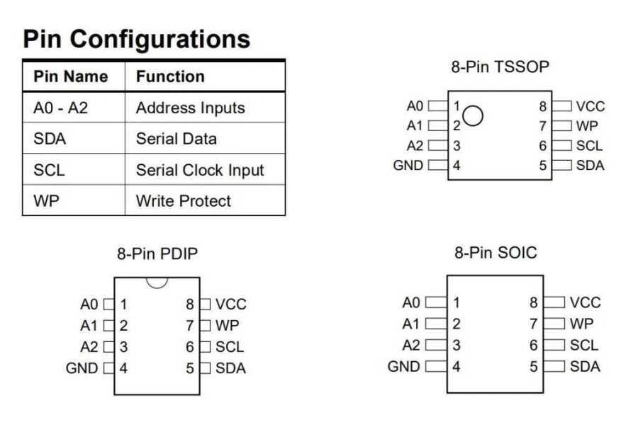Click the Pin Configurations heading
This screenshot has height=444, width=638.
click(x=136, y=39)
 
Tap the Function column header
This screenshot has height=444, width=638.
click(x=170, y=76)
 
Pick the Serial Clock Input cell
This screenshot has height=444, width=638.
click(x=200, y=170)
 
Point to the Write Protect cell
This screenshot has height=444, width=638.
click(x=184, y=201)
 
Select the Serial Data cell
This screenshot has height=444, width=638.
click(x=177, y=139)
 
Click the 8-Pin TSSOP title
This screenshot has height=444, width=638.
click(x=500, y=67)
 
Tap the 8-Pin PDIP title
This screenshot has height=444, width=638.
click(x=157, y=253)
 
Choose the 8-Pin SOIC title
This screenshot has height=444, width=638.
click(x=496, y=252)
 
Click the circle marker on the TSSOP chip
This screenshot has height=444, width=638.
click(x=474, y=115)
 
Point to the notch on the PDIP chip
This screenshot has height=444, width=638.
click(x=157, y=281)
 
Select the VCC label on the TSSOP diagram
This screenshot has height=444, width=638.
click(x=591, y=106)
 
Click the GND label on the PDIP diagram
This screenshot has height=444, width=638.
click(x=82, y=368)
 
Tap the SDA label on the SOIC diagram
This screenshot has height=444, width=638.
click(x=585, y=366)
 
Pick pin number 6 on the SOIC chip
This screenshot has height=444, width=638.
click(x=533, y=346)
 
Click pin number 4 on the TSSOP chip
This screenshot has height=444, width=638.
click(x=457, y=166)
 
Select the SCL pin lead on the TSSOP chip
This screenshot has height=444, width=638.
click(x=561, y=146)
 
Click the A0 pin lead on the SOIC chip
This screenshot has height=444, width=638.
click(x=436, y=303)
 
